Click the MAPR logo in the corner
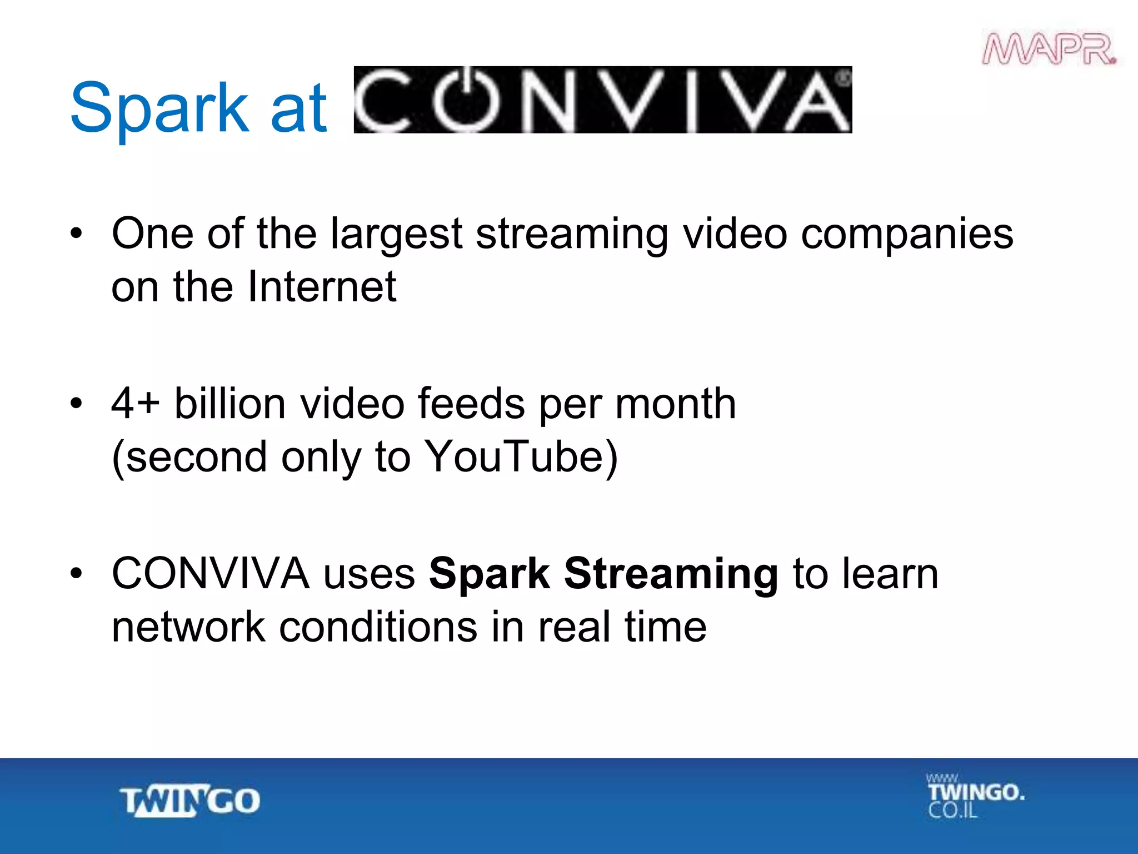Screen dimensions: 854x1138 (x=1049, y=49)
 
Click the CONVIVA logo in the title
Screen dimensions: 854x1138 (x=602, y=100)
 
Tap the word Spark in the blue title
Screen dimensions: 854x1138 (x=159, y=108)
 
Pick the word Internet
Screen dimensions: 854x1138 (x=322, y=287)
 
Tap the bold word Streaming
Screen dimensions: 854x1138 (x=671, y=574)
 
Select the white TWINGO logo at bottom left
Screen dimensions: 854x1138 (x=190, y=801)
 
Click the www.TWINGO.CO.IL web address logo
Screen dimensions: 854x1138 (x=975, y=796)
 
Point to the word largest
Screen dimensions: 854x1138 (x=396, y=234)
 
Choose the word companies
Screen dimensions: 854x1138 (x=907, y=234)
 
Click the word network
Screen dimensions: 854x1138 (x=188, y=627)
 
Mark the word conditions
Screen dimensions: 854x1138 (x=378, y=627)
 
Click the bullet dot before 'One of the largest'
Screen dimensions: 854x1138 (x=76, y=234)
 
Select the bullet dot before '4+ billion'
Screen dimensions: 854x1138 (x=76, y=403)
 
